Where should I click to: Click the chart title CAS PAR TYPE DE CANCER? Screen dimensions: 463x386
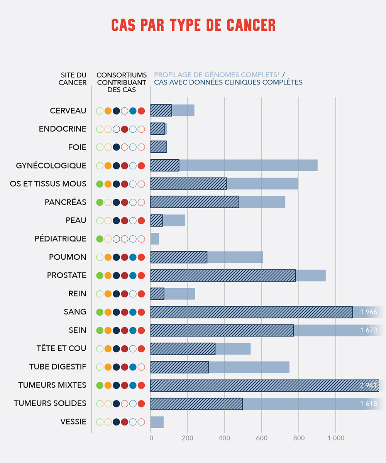(x=193, y=25)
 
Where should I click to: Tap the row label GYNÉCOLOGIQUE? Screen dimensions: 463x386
(x=51, y=166)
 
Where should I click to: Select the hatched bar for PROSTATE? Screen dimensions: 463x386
(x=223, y=275)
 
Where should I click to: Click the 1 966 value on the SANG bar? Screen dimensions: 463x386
(x=368, y=312)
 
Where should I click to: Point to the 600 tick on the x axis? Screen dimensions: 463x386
(x=261, y=438)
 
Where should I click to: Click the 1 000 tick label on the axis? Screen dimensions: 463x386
(x=335, y=438)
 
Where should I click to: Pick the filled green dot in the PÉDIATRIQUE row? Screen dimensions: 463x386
(x=100, y=239)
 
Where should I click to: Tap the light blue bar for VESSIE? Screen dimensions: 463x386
(x=157, y=422)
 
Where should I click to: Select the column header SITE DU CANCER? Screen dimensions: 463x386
(x=73, y=79)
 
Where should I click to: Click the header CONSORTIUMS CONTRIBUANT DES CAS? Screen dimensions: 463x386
(x=122, y=82)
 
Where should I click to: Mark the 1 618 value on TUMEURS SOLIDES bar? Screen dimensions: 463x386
(x=368, y=404)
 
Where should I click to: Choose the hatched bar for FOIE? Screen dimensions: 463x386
(x=158, y=147)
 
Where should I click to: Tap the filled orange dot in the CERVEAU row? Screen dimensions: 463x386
(x=108, y=111)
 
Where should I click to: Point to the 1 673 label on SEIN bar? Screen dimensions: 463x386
(x=368, y=330)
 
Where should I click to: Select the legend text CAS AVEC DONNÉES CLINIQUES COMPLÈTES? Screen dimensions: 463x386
(x=228, y=82)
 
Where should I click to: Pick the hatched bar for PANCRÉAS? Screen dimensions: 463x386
(x=195, y=202)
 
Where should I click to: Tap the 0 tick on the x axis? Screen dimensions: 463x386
(x=151, y=438)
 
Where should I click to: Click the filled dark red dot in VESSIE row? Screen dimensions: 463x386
(x=125, y=422)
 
